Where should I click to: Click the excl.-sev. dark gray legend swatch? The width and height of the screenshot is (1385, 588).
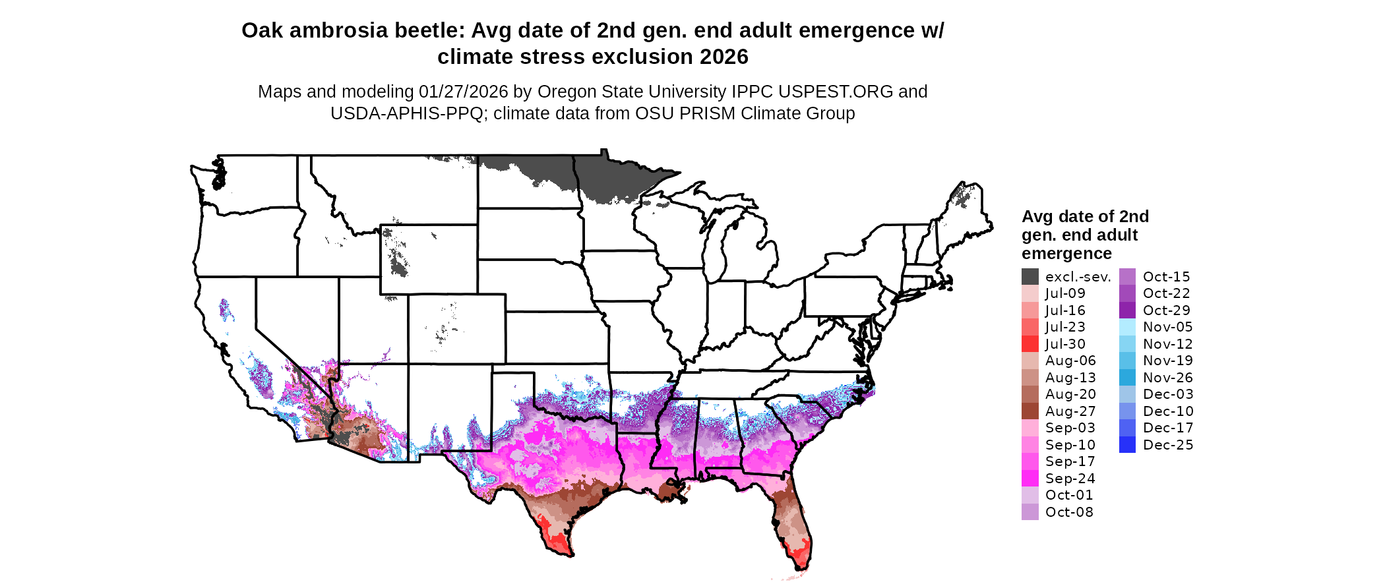click(1030, 277)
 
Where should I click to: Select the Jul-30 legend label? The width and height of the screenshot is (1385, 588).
click(1065, 344)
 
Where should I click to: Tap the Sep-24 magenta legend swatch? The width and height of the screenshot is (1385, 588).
click(1030, 479)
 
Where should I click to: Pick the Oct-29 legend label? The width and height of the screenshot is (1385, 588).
click(1166, 310)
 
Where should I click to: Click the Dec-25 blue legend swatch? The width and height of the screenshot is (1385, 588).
click(1127, 445)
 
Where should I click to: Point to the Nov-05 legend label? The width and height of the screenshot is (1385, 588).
click(1167, 327)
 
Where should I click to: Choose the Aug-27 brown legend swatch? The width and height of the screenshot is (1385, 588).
click(1030, 411)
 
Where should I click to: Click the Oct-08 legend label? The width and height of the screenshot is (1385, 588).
click(1068, 512)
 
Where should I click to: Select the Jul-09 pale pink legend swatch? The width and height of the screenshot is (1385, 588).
click(1030, 293)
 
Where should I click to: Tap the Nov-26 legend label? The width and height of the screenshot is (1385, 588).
click(1167, 378)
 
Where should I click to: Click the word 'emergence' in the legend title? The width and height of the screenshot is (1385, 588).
click(1066, 254)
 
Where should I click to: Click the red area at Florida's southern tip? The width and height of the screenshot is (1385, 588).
click(799, 557)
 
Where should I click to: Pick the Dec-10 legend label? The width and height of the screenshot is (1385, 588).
click(1167, 411)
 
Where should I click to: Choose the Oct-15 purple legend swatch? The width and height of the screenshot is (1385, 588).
click(1127, 277)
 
